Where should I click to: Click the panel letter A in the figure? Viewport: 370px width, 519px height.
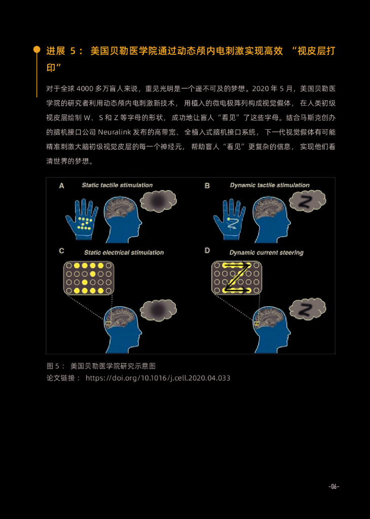coord(62,186)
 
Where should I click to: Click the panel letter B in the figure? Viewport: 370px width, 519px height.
coord(207,186)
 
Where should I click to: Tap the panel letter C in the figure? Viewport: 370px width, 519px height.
coord(62,250)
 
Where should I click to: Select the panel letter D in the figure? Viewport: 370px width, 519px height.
coord(207,250)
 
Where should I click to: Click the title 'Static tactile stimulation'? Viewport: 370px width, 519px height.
coord(117,186)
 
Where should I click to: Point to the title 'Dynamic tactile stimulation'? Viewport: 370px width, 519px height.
coord(269,186)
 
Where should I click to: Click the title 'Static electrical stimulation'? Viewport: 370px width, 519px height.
coord(124,252)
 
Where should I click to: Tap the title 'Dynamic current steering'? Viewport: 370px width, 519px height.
coord(266,252)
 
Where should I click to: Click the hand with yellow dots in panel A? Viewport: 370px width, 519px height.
coord(81,218)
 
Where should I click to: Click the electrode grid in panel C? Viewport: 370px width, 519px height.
coord(89,278)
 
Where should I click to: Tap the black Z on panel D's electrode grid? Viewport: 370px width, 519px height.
coord(237,278)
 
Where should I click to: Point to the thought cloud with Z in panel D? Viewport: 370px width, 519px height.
coord(307,309)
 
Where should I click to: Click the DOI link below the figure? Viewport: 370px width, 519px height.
coord(158,378)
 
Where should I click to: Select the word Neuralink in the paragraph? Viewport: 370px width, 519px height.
coord(117,132)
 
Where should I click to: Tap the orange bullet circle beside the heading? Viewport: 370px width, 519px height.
coord(36,50)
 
